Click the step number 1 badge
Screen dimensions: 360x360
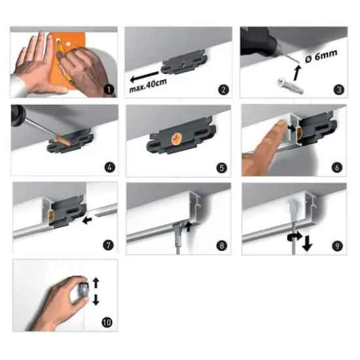point(109,90)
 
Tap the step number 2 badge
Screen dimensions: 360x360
point(224,90)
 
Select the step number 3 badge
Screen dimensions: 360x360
point(338,90)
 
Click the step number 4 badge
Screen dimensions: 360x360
point(109,168)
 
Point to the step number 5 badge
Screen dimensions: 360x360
point(224,168)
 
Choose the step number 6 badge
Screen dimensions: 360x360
point(338,168)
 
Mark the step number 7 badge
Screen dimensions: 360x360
point(109,246)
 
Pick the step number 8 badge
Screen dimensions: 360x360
point(224,246)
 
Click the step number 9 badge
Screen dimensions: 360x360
point(338,246)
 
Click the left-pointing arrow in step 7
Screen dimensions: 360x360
point(88,221)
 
